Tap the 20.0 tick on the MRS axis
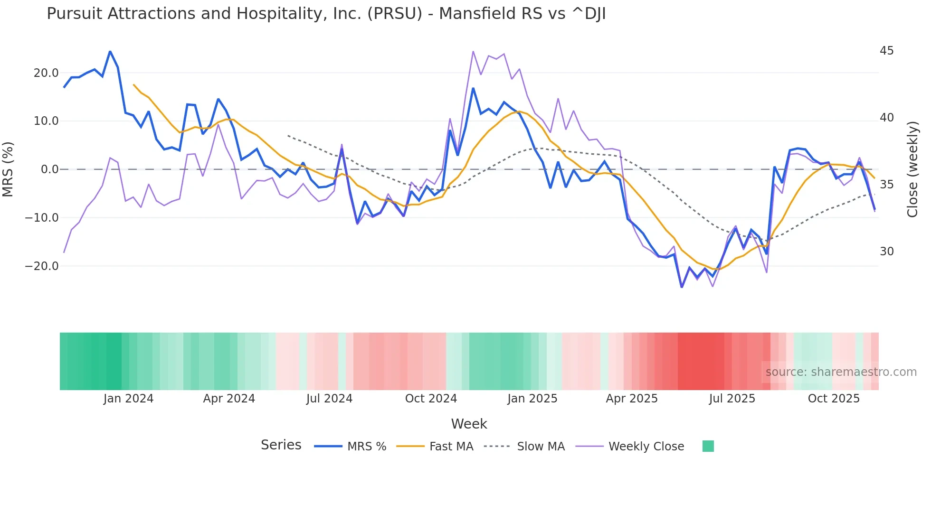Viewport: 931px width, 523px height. tap(46, 73)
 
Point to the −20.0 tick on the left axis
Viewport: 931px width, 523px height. tap(42, 266)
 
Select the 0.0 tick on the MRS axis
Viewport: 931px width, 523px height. tap(50, 169)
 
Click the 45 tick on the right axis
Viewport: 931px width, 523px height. tap(886, 51)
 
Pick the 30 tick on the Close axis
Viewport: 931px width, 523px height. tap(886, 252)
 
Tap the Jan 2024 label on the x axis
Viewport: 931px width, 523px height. tap(128, 399)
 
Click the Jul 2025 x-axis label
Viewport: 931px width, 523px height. tap(732, 399)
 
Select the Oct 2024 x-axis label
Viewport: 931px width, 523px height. tap(431, 399)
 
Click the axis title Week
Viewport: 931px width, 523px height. tap(469, 424)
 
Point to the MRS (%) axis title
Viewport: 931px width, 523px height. tap(8, 169)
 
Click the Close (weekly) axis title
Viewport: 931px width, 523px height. tap(912, 169)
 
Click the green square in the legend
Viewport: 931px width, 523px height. tap(708, 446)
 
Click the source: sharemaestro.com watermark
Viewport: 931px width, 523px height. tap(841, 372)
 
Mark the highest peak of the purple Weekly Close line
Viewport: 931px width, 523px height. tap(473, 51)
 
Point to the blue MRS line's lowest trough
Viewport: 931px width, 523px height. tap(682, 287)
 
